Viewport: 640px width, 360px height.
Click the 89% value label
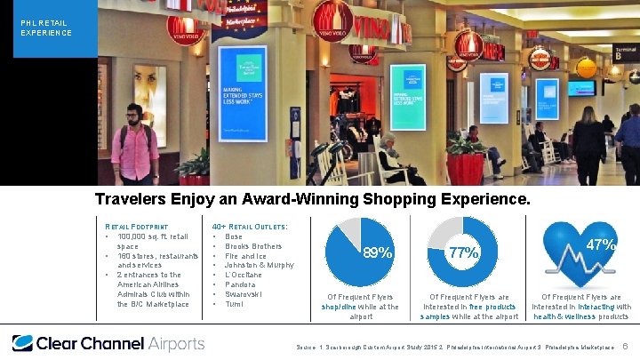tap(377, 253)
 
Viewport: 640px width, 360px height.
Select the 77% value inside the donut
tap(463, 253)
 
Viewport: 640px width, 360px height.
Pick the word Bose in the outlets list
tap(235, 237)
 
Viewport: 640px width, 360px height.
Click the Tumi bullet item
tap(235, 304)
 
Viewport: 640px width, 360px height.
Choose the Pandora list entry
tap(241, 284)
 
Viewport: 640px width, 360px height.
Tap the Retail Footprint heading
tap(133, 227)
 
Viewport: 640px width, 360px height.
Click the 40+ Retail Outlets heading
tap(250, 227)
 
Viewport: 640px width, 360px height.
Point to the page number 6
tap(626, 345)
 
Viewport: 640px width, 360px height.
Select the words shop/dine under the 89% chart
tap(339, 307)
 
